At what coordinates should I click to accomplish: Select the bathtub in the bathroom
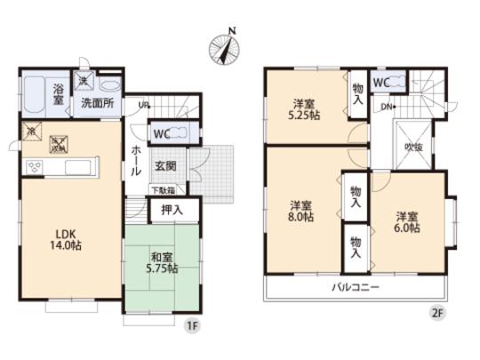click(36, 95)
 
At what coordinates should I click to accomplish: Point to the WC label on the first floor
click(162, 133)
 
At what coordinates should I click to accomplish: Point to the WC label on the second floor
click(382, 83)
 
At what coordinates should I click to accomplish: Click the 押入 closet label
click(172, 210)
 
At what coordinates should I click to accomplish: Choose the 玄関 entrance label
click(165, 166)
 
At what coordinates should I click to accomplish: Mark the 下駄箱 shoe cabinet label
click(162, 188)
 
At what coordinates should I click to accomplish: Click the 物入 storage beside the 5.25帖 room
click(356, 93)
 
